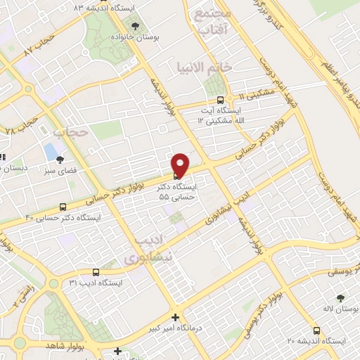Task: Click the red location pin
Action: tap(181, 164)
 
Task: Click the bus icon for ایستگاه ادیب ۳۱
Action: tap(96, 272)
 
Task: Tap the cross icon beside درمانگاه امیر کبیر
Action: tap(176, 317)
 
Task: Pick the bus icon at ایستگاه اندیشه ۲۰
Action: tap(316, 330)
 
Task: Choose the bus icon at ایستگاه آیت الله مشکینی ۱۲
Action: tap(221, 100)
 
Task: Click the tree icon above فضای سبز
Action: tap(61, 160)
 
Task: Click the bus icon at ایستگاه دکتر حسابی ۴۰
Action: tap(63, 207)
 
